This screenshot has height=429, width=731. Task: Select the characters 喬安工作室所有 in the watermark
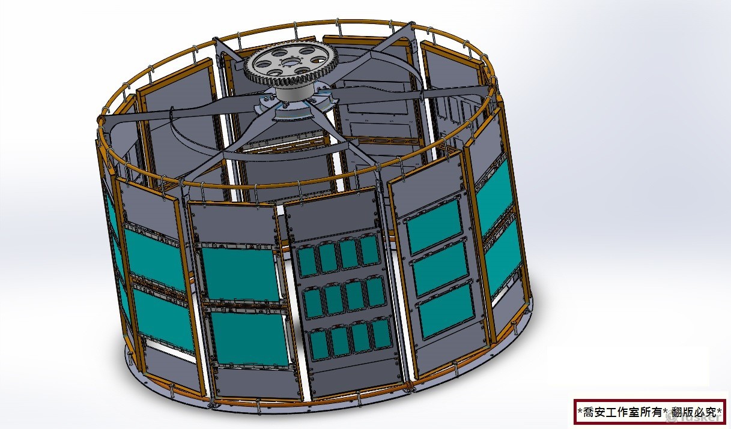621,412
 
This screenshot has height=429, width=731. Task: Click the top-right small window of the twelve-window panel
368,250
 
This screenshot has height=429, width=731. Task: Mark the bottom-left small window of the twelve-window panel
320,344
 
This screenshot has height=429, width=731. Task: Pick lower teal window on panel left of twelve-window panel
249,337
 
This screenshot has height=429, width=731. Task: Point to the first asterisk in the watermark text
579,412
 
